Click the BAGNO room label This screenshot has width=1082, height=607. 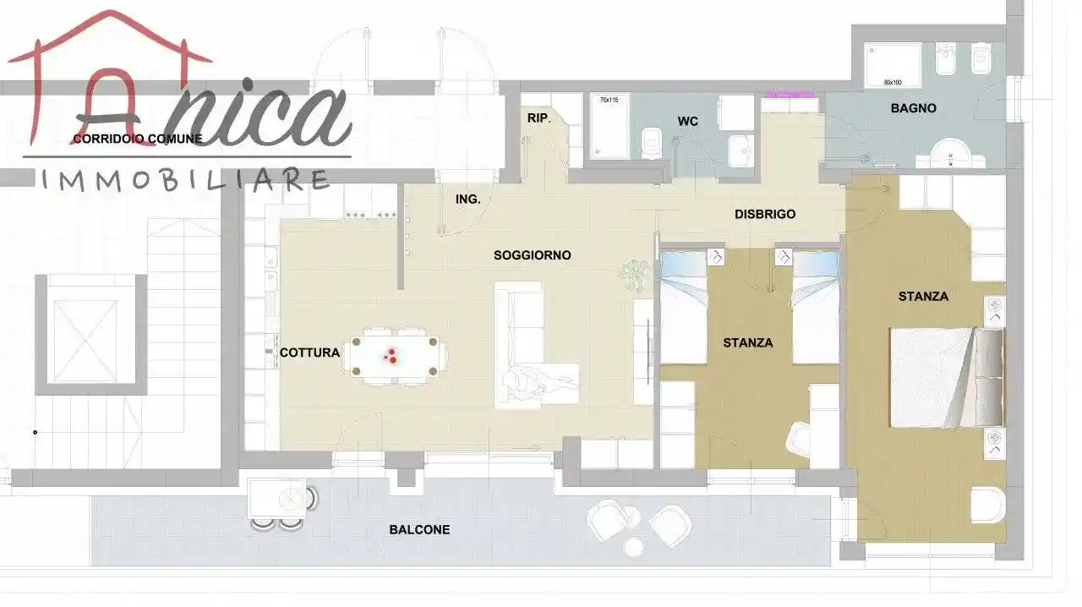[x=914, y=108]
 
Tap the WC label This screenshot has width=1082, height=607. [x=687, y=121]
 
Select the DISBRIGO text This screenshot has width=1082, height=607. [x=765, y=214]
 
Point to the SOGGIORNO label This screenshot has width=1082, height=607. [x=533, y=255]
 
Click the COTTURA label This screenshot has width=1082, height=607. [x=309, y=353]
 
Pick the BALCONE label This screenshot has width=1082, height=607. [x=419, y=530]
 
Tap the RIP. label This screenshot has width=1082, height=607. [x=538, y=118]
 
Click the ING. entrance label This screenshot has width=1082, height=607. [x=467, y=200]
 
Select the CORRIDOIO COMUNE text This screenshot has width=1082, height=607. [x=138, y=139]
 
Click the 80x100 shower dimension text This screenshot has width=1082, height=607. [x=893, y=83]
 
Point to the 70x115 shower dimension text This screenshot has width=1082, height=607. [x=609, y=100]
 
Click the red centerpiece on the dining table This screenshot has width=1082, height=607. [x=391, y=356]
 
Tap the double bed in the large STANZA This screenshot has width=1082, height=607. [x=947, y=378]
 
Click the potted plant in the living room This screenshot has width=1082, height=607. [x=633, y=275]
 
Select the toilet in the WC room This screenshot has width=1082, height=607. [x=653, y=143]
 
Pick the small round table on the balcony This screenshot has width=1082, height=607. [x=633, y=547]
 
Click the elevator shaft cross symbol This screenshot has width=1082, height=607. [x=85, y=341]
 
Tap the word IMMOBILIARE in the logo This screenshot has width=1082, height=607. [x=185, y=180]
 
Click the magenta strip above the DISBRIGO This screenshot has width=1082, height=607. [x=790, y=95]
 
